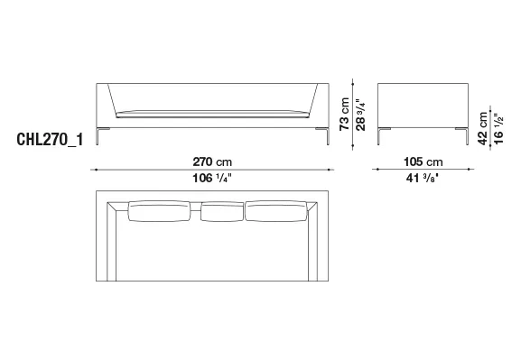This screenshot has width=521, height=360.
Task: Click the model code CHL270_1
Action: click(50, 140)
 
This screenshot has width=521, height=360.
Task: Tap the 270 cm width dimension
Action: click(212, 162)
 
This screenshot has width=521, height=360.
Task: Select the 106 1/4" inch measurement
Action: click(211, 179)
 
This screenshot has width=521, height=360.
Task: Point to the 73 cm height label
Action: click(345, 114)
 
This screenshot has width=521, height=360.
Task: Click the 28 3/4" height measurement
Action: click(360, 115)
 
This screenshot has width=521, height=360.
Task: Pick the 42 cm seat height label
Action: click(482, 128)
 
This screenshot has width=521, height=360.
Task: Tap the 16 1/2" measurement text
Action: click(498, 128)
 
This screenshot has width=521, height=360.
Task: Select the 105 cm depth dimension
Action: click(423, 162)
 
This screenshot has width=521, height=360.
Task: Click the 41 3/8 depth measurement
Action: click(423, 179)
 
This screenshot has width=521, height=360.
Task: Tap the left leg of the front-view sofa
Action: click(98, 136)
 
